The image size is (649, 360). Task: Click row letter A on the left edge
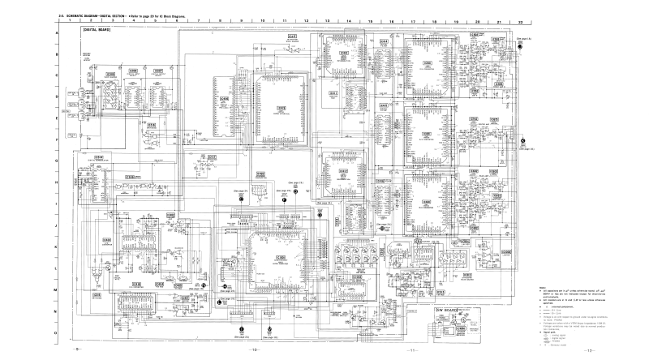pyautogui.click(x=57, y=33)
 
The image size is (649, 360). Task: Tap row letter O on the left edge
pyautogui.click(x=57, y=332)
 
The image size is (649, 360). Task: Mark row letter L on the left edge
pyautogui.click(x=57, y=268)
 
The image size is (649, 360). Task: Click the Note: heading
pyautogui.click(x=542, y=289)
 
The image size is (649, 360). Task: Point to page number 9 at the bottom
pyautogui.click(x=77, y=349)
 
